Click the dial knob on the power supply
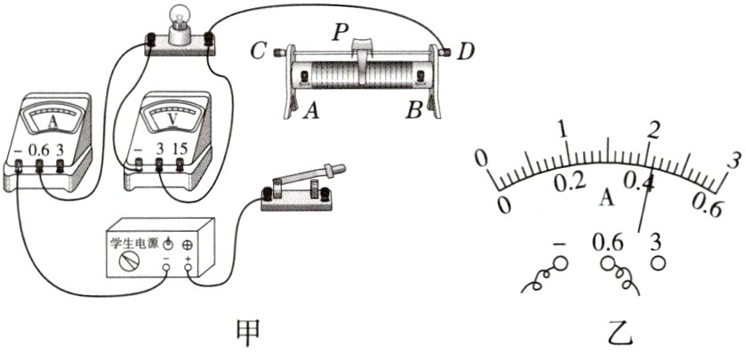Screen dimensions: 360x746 tap(130, 260)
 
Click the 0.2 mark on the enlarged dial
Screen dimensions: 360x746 tap(568, 182)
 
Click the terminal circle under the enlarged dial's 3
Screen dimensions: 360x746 tap(658, 263)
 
